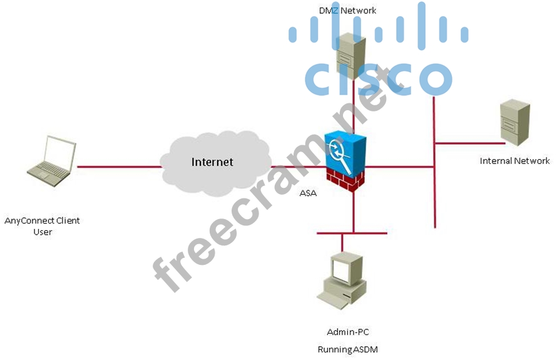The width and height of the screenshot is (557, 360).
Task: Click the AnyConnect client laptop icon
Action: coord(52,160)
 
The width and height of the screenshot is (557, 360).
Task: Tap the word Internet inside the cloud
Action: coord(212,162)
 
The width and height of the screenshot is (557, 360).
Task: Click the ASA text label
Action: coord(308,193)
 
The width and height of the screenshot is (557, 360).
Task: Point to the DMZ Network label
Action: coord(348,10)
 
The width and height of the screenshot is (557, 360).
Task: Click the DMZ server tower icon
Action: coord(351,56)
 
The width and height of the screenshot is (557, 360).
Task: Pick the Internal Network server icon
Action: coord(514,122)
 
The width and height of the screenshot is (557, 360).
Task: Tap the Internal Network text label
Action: coord(514,161)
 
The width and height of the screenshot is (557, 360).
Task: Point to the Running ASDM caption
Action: coord(348,349)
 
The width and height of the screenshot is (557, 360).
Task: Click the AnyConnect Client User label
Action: coord(43,226)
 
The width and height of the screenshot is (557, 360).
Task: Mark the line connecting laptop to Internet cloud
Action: coord(119,167)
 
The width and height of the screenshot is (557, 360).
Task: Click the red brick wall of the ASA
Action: coord(345,179)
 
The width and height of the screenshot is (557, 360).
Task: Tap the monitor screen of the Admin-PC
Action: coord(341,270)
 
